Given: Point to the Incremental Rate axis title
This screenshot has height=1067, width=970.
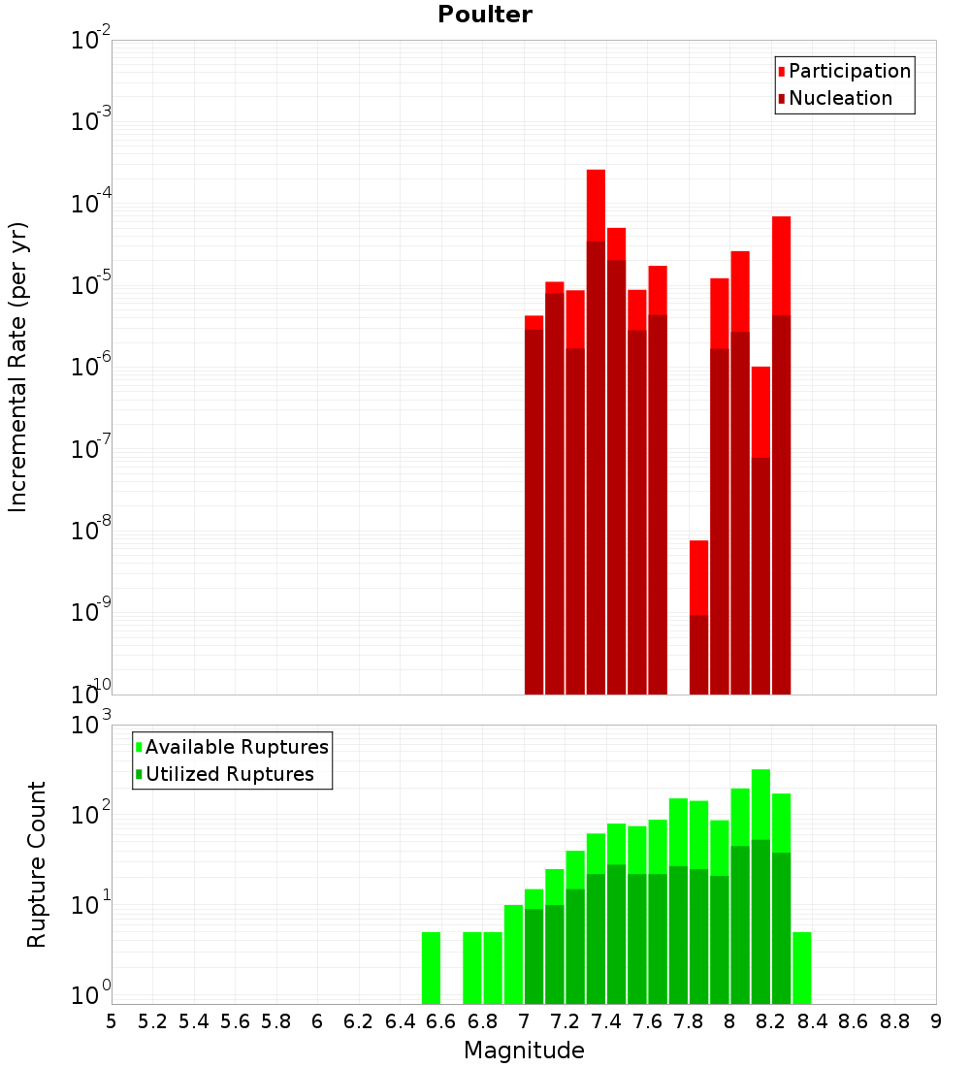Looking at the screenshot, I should pyautogui.click(x=18, y=367).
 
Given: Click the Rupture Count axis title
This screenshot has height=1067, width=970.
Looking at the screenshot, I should pyautogui.click(x=37, y=864).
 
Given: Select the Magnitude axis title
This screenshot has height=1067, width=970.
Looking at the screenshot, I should pyautogui.click(x=524, y=1051).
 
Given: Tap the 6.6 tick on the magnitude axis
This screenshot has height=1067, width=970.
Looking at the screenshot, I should pyautogui.click(x=441, y=1021).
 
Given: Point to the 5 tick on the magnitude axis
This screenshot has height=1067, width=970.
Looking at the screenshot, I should pyautogui.click(x=112, y=1021).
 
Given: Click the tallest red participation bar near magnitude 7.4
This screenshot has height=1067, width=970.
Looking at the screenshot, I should pyautogui.click(x=596, y=204).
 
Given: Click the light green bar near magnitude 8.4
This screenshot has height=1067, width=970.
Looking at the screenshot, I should pyautogui.click(x=802, y=967).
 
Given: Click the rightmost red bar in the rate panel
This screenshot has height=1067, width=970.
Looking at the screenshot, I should pyautogui.click(x=782, y=262).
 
